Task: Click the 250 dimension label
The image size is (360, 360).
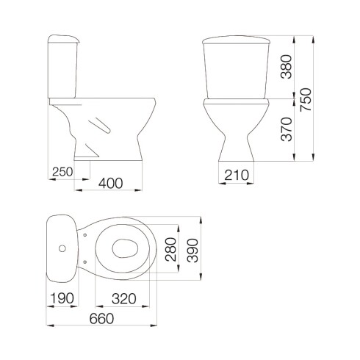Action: [x=62, y=172]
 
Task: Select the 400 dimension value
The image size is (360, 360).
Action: [x=110, y=183]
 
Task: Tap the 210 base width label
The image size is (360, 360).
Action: [x=237, y=175]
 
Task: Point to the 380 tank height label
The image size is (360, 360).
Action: [x=287, y=67]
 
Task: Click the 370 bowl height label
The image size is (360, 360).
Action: [x=287, y=129]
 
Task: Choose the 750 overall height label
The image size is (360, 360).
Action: [x=306, y=100]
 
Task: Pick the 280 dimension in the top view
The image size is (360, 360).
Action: [x=170, y=250]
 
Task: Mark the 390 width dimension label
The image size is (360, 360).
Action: [x=192, y=251]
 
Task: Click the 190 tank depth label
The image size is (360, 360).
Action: [x=62, y=298]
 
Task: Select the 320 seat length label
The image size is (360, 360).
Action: [x=124, y=299]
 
